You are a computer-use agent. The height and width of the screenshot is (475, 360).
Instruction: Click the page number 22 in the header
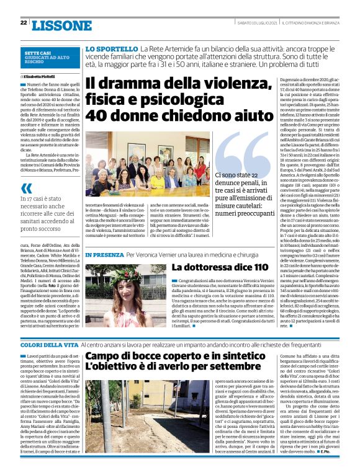24,22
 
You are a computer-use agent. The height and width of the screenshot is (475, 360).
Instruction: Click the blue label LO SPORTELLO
112,48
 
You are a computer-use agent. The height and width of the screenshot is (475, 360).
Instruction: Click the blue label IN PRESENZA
104,255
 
